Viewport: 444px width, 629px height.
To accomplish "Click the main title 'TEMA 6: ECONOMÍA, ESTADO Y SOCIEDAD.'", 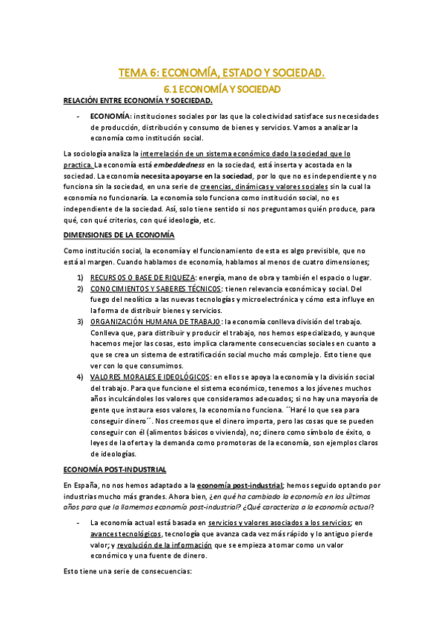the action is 222,73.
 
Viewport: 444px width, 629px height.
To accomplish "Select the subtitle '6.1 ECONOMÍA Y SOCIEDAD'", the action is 222,88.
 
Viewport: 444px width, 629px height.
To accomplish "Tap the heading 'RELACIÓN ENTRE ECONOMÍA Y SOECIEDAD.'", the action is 138,101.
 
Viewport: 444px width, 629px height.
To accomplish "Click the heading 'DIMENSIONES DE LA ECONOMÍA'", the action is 119,234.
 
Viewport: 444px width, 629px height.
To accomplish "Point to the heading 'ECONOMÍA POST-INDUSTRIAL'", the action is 115,470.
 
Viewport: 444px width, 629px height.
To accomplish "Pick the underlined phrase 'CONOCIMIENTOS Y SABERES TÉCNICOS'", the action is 156,289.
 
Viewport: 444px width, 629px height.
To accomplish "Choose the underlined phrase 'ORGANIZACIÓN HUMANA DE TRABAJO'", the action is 155,322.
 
